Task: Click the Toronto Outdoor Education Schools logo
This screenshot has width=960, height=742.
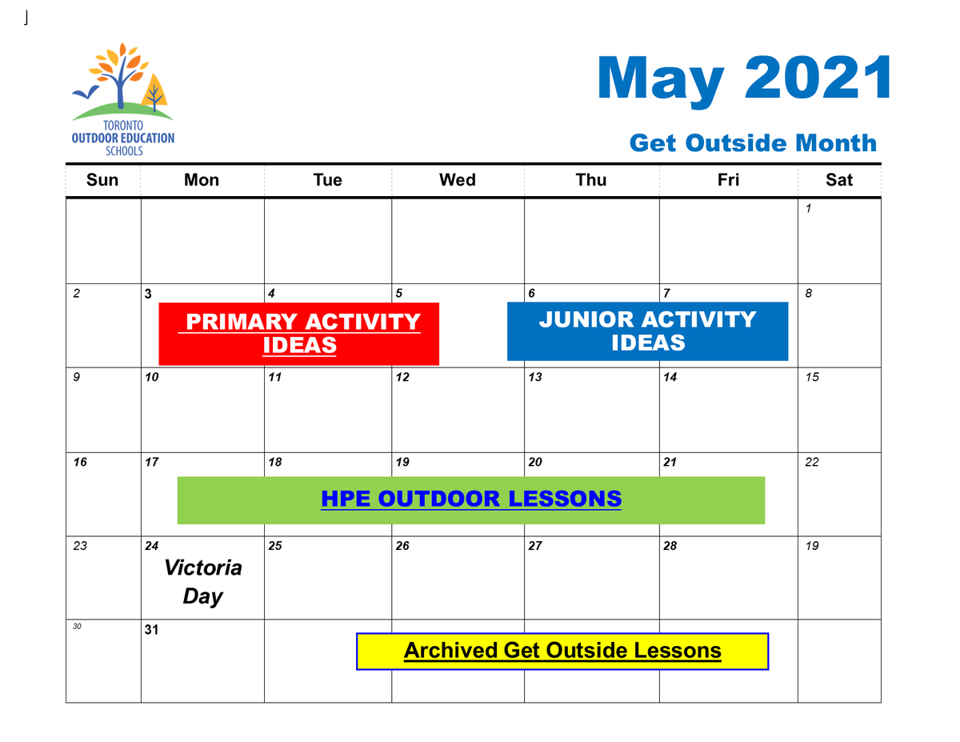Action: [122, 100]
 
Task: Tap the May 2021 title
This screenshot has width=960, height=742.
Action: [744, 78]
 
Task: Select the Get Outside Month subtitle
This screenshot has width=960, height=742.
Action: [753, 143]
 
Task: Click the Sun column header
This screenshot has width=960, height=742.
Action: [102, 180]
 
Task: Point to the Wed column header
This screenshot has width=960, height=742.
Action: [458, 180]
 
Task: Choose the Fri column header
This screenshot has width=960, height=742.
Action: [728, 180]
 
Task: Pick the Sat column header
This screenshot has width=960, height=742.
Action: [839, 180]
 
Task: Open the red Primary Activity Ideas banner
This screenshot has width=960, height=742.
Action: [299, 333]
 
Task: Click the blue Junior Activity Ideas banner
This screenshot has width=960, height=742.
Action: [647, 331]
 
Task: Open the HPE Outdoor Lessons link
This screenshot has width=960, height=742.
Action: [471, 499]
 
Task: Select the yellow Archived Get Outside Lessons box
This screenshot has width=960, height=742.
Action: [562, 651]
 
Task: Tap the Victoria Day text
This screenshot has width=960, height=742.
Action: [202, 582]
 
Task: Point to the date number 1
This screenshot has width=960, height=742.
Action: [809, 209]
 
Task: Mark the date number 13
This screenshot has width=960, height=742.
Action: [535, 378]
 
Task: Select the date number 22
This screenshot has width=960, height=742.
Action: [812, 463]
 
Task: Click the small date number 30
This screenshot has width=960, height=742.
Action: [77, 627]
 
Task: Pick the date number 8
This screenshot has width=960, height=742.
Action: [809, 294]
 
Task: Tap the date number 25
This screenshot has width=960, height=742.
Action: [275, 547]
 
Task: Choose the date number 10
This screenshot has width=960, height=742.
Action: [152, 378]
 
